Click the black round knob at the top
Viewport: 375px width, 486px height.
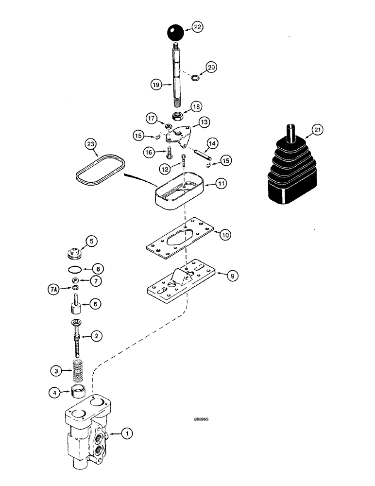pyautogui.click(x=175, y=34)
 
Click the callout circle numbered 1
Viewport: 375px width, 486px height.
pyautogui.click(x=127, y=432)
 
